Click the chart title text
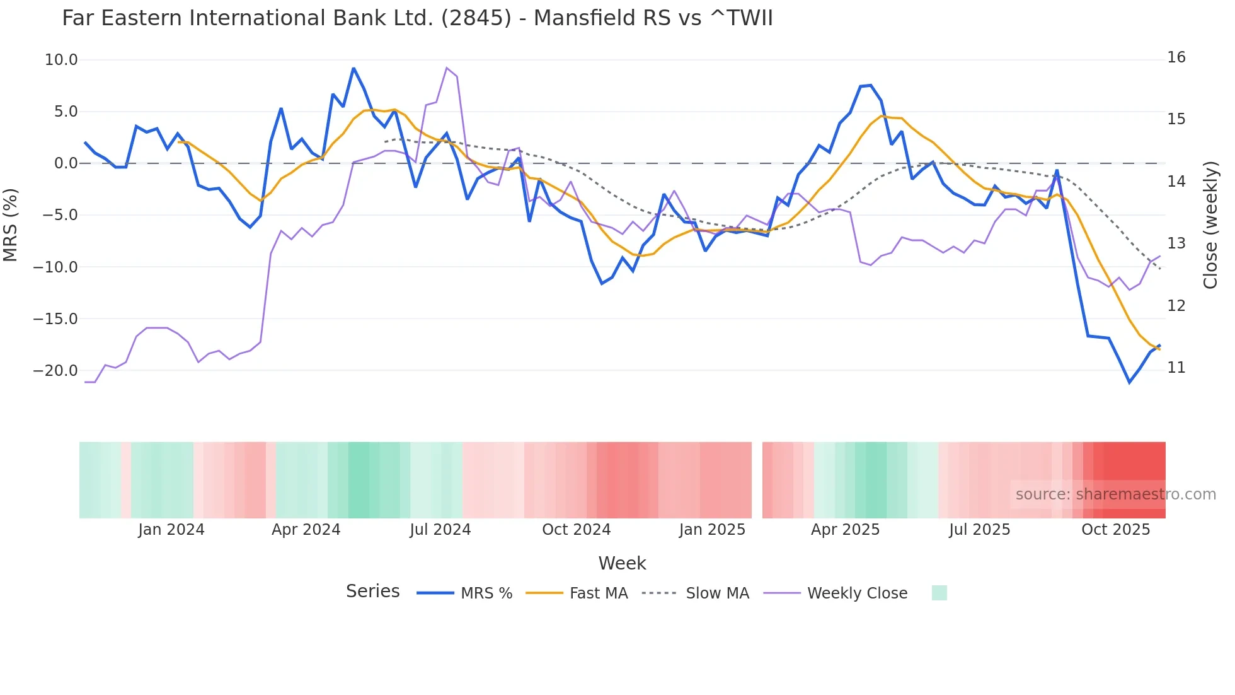417,18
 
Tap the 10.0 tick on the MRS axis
61,60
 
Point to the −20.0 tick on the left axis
55,371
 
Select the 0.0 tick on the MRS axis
66,163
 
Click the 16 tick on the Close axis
1176,57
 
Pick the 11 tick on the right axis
1176,368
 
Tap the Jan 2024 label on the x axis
171,530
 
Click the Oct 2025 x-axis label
1115,530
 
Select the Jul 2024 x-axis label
440,530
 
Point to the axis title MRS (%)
11,225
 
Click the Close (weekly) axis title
1210,225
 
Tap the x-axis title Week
622,563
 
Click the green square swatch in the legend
939,593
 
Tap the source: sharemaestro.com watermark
1115,494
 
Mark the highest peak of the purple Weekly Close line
446,68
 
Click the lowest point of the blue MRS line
1129,382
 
